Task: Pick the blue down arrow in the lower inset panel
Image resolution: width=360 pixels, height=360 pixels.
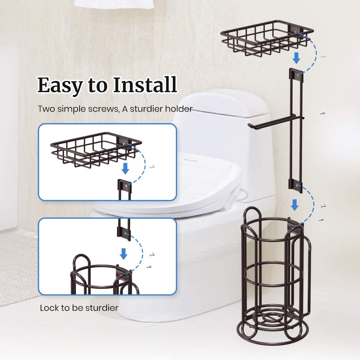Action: (x=123, y=254)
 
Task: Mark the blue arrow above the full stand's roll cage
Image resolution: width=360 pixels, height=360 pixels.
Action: (x=295, y=205)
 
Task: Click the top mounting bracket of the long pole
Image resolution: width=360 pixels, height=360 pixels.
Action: (x=295, y=74)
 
